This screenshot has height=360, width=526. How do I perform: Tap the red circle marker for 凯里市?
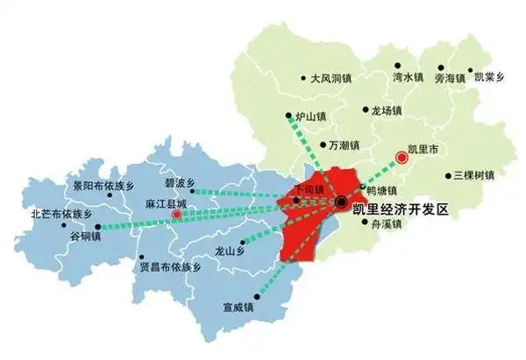pyautogui.click(x=402, y=158)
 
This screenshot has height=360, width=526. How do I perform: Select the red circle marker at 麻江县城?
pyautogui.click(x=177, y=214)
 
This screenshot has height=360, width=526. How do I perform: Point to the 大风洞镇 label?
pyautogui.click(x=333, y=78)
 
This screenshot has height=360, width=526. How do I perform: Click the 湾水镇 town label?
pyautogui.click(x=410, y=78)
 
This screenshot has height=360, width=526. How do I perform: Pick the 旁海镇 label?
pyautogui.click(x=452, y=78)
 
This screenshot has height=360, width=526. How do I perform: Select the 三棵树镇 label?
pyautogui.click(x=474, y=175)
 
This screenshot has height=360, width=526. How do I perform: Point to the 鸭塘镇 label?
pyautogui.click(x=382, y=190)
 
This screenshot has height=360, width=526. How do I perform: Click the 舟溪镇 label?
pyautogui.click(x=385, y=224)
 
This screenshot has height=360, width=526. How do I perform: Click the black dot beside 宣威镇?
pyautogui.click(x=257, y=296)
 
